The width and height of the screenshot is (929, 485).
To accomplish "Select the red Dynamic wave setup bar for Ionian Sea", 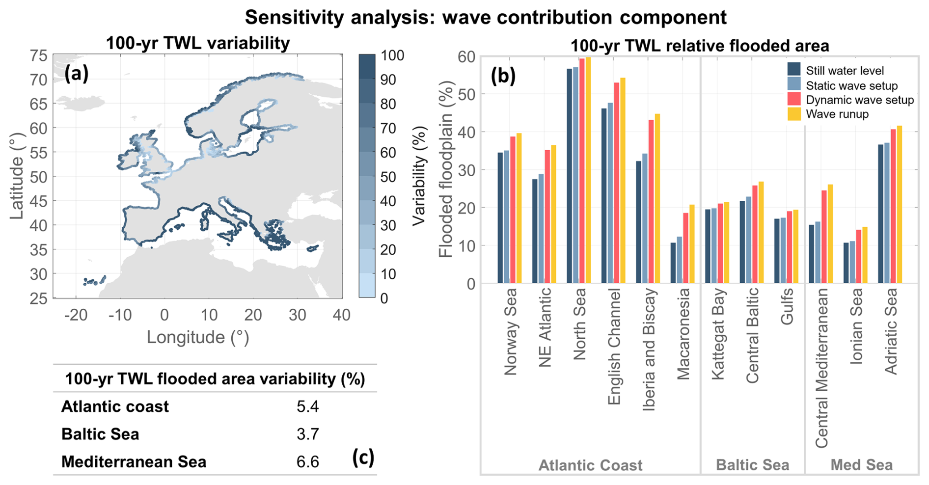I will coord(859,256).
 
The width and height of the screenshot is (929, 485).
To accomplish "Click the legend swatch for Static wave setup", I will coord(794,84).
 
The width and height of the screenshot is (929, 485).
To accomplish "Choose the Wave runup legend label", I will coord(837,114).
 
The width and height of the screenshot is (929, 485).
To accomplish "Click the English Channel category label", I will coord(614,347).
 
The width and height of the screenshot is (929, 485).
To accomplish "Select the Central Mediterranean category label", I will coord(821,368).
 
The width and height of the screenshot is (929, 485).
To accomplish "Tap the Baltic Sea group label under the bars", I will coord(752,465).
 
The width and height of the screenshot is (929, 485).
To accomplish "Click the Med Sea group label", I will coord(861,465).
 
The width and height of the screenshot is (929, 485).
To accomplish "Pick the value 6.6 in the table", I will coord(308,462).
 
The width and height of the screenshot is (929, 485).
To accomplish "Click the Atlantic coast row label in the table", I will coord(115,406).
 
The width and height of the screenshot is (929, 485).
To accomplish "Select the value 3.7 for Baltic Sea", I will coord(308,434).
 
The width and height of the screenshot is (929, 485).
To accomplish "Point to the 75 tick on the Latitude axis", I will coord(39,56).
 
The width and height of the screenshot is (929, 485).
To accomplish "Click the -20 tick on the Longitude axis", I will coord(76,315).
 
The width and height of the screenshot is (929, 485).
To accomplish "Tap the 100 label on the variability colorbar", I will coord(392,55).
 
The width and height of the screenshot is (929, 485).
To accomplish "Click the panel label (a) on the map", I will coord(77,74).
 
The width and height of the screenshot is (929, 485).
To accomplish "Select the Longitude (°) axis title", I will coord(198,337).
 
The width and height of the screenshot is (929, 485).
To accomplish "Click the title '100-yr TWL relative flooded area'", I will coord(699,46).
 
